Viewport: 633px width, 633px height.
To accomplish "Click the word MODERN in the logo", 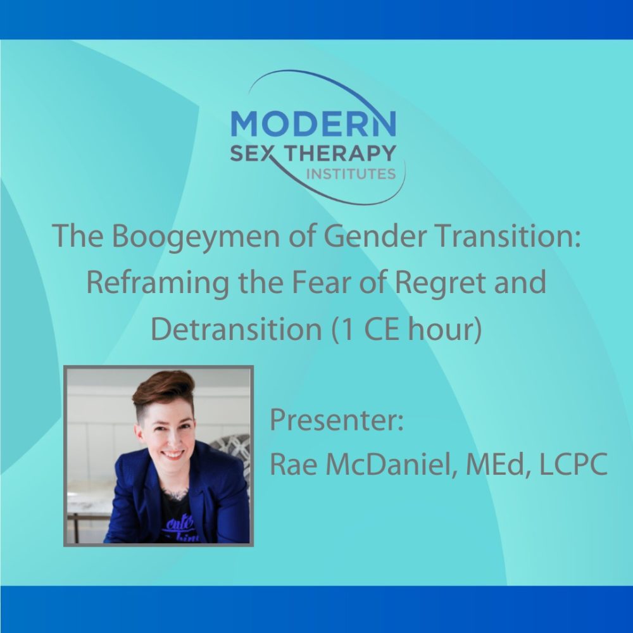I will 313,123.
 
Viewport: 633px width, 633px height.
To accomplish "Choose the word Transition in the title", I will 480,236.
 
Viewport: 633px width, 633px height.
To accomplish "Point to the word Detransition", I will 237,330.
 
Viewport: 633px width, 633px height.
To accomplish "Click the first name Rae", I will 291,466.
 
